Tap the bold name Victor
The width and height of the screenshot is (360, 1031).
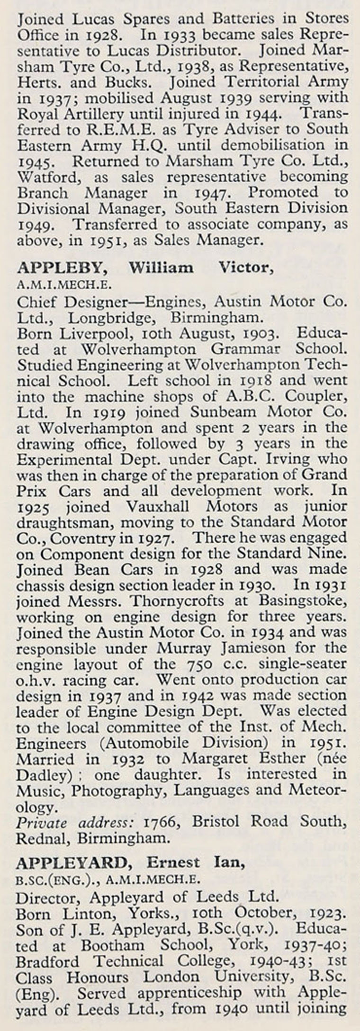(245, 268)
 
